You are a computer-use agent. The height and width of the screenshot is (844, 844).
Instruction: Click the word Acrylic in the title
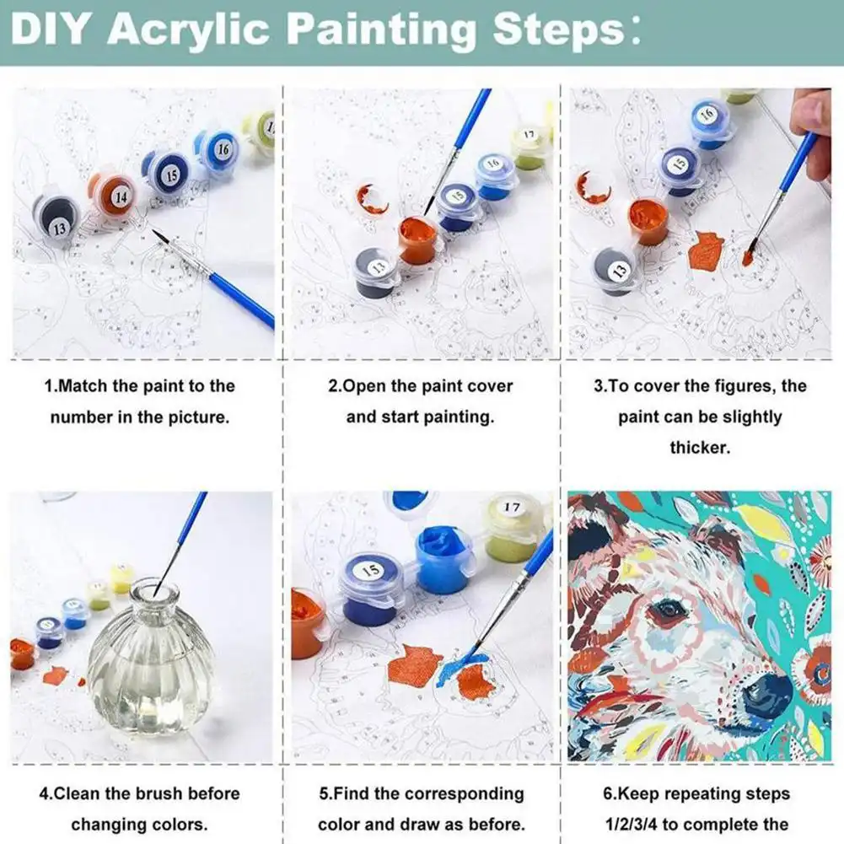[189, 29]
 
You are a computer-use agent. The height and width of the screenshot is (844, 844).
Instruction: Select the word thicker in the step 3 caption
[700, 448]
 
